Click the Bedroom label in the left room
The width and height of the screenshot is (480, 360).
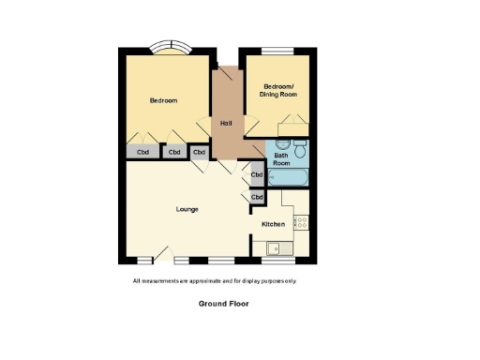pyautogui.click(x=163, y=100)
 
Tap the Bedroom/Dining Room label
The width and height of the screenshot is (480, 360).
pyautogui.click(x=278, y=91)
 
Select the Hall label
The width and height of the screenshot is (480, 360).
pyautogui.click(x=226, y=124)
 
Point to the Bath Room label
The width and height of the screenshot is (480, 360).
pyautogui.click(x=281, y=158)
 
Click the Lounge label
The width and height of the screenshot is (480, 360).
pyautogui.click(x=187, y=208)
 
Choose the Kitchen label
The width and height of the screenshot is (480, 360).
pyautogui.click(x=273, y=224)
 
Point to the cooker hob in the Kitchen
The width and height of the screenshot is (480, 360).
pyautogui.click(x=301, y=222)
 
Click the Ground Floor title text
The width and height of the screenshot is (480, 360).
pyautogui.click(x=223, y=304)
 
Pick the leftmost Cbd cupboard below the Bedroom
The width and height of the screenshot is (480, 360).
pyautogui.click(x=142, y=152)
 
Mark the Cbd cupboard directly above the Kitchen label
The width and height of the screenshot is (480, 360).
pyautogui.click(x=256, y=197)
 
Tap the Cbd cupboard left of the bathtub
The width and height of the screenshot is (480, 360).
pyautogui.click(x=256, y=174)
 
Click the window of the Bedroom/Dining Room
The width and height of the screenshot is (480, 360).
pyautogui.click(x=277, y=50)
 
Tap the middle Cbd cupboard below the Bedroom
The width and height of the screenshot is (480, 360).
pyautogui.click(x=174, y=152)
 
